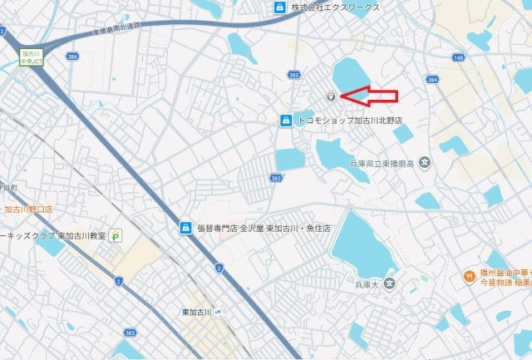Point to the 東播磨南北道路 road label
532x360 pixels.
tap(116, 29)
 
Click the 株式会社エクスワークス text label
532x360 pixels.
tap(335, 7)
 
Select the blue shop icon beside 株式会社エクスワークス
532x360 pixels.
tap(280, 7)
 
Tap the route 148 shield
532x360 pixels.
tap(458, 57)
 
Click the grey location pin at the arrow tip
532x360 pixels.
tap(330, 97)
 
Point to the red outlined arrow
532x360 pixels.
tap(370, 97)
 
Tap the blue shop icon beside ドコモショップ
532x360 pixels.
tap(286, 121)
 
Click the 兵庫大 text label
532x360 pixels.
tap(367, 285)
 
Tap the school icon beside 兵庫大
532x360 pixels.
tap(390, 285)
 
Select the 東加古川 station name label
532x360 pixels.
tap(198, 313)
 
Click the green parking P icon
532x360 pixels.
tap(116, 236)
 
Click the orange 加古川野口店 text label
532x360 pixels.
tap(28, 210)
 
